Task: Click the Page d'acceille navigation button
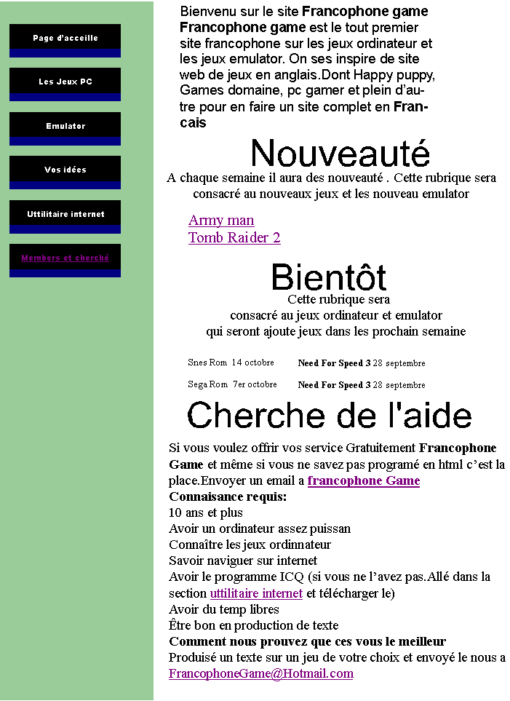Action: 65,39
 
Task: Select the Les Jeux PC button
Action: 65,82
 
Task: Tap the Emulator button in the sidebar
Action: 65,127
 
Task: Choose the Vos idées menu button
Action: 65,170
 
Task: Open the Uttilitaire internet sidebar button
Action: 65,215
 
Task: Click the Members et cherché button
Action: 65,258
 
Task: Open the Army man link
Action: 221,221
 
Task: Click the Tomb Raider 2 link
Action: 234,238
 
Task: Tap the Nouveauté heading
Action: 340,154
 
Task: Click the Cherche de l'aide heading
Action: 330,416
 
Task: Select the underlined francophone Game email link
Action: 364,481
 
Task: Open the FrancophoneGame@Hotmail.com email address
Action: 261,673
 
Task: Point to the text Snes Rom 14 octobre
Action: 231,363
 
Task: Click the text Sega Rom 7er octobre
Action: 232,384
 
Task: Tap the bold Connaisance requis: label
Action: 228,496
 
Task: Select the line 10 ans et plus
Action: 206,512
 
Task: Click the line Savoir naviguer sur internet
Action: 243,561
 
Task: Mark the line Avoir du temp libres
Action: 224,609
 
